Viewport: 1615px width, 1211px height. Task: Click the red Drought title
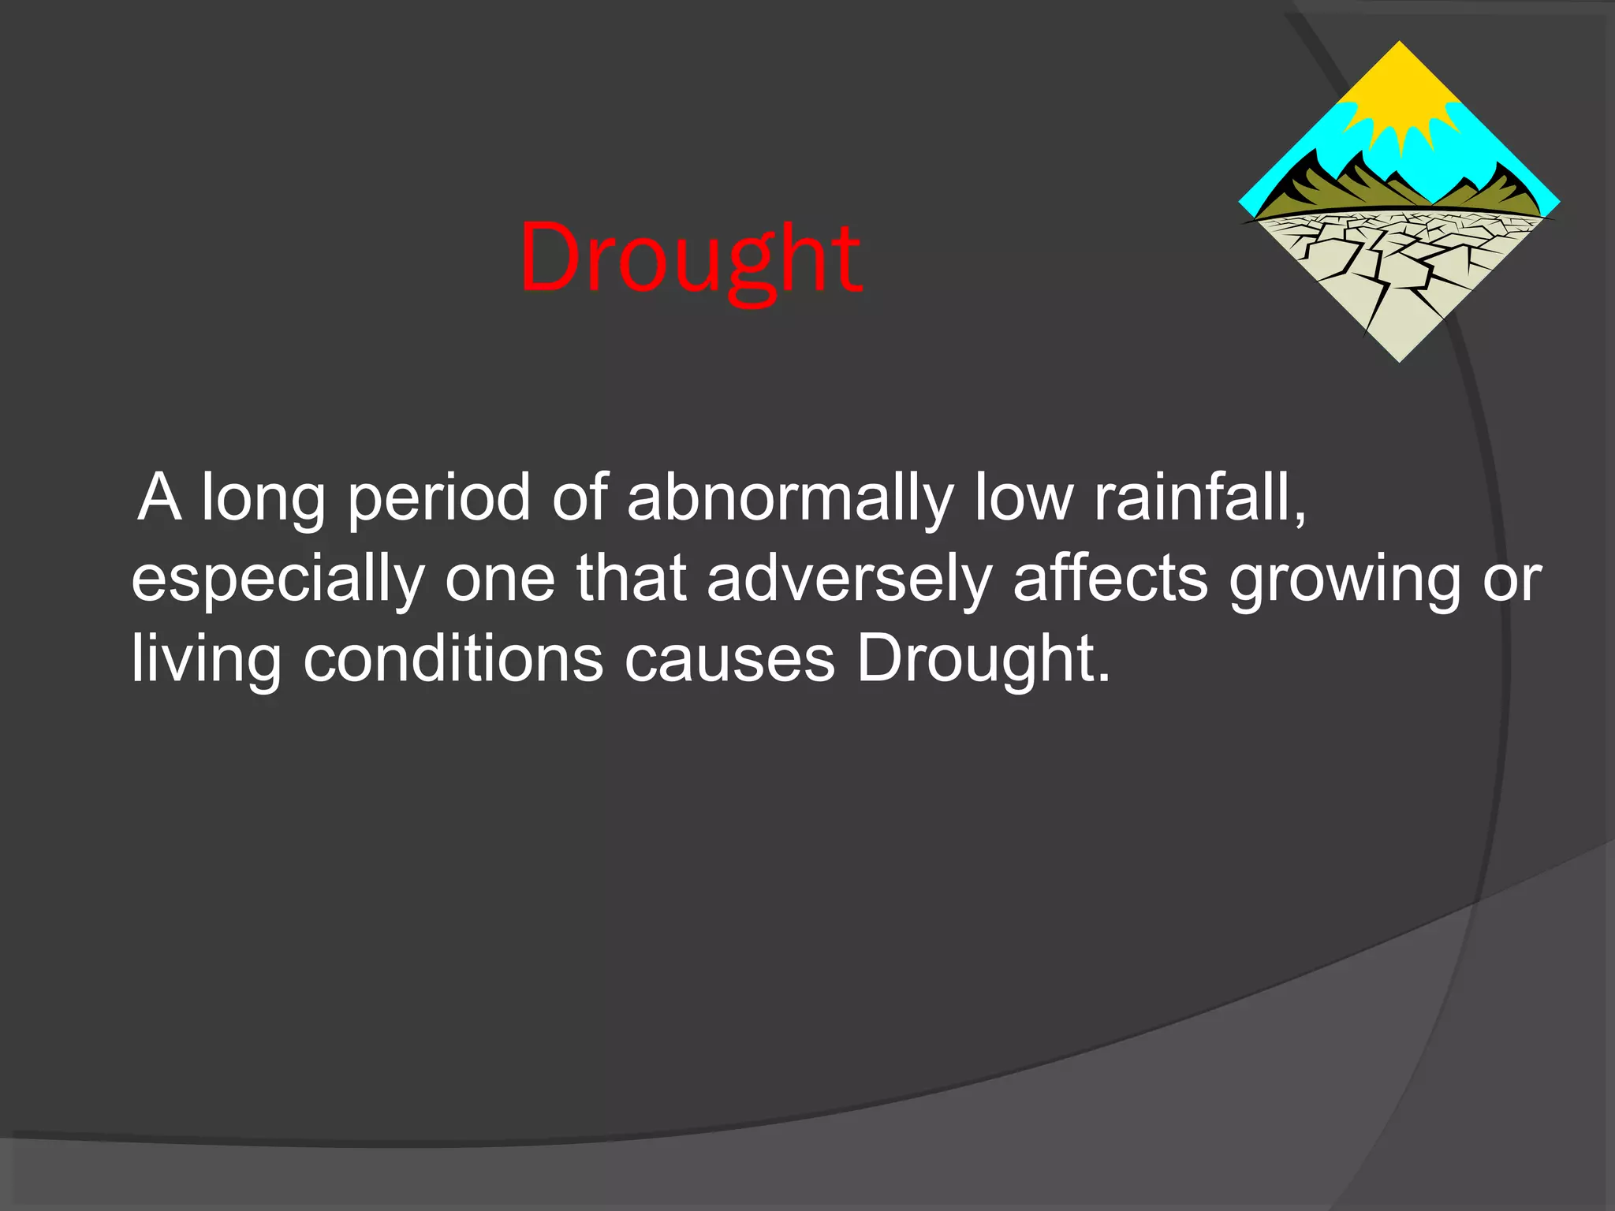pyautogui.click(x=690, y=259)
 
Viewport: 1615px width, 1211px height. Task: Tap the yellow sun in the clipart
pyautogui.click(x=1400, y=102)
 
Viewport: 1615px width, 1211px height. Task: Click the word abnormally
pyautogui.click(x=790, y=500)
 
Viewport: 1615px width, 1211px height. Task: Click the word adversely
pyautogui.click(x=849, y=579)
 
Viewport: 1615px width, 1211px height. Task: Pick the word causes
pyautogui.click(x=729, y=661)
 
